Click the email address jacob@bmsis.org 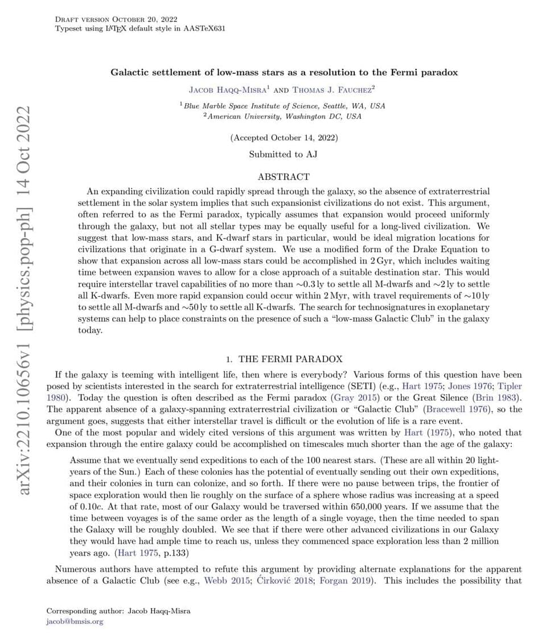point(75,622)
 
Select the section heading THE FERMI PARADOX point(290,359)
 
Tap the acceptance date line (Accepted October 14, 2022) point(284,138)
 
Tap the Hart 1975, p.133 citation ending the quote point(150,552)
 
